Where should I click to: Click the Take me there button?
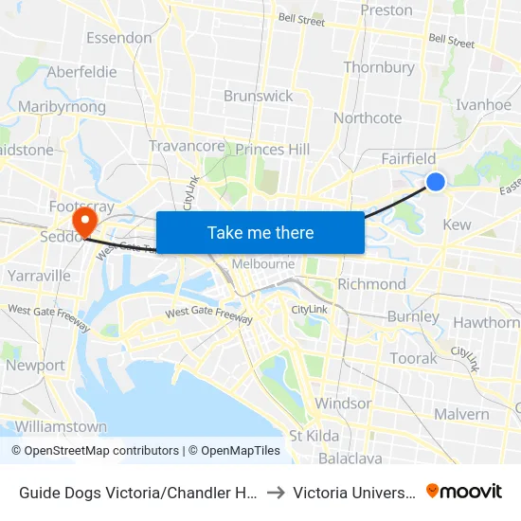260,232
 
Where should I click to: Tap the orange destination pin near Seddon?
85,221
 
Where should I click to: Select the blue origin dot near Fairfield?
436,181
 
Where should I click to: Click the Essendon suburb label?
118,38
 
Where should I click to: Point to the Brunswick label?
258,96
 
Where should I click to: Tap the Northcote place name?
368,118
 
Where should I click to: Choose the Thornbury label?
379,67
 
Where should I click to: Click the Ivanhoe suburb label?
483,105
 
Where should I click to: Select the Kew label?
457,225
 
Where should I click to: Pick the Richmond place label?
371,284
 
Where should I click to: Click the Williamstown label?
61,426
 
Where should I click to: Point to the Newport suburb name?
35,365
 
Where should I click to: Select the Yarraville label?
39,276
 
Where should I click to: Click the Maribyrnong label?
62,107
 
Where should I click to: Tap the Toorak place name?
414,358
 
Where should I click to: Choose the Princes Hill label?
272,150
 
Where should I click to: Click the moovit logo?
464,491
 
